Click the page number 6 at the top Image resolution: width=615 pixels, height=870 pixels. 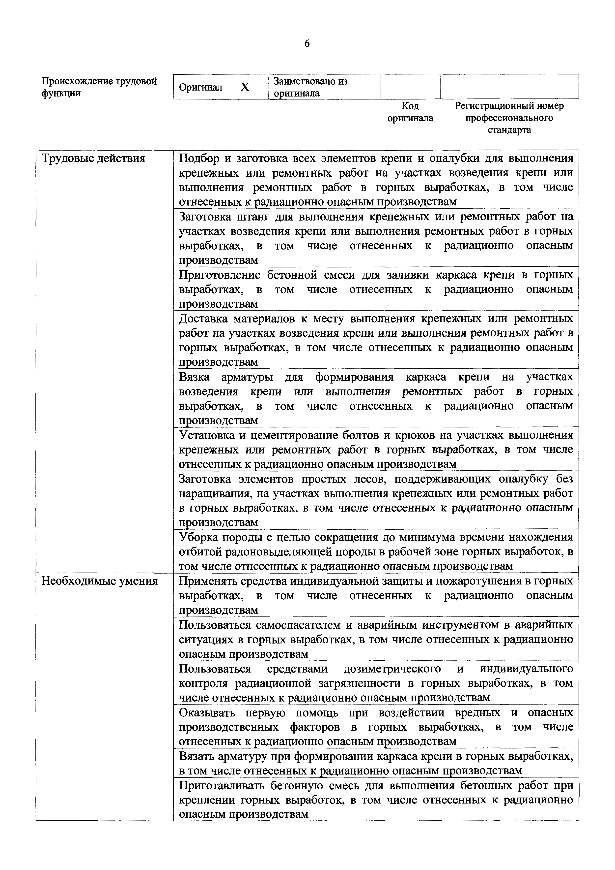point(307,44)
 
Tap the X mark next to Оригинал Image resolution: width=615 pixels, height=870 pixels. point(245,87)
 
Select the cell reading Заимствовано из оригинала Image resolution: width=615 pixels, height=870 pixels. point(310,87)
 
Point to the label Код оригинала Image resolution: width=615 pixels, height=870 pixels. point(410,112)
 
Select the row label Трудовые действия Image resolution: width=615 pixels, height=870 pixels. point(93,158)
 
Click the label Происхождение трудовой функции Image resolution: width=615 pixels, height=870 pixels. point(99,87)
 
